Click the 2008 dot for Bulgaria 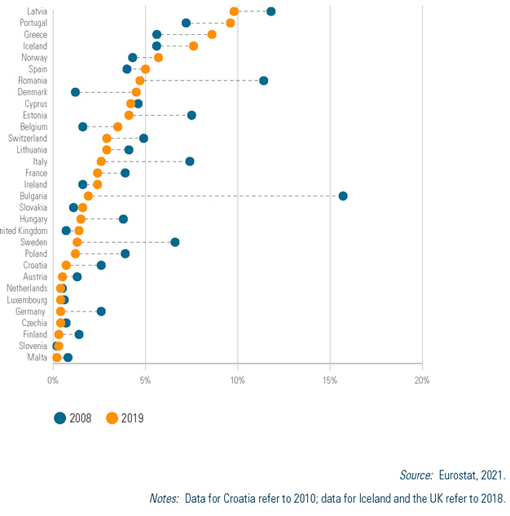click(343, 196)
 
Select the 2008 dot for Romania click(263, 81)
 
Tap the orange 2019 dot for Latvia click(234, 11)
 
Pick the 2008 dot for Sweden click(174, 242)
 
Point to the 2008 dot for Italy click(190, 161)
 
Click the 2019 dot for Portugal click(231, 23)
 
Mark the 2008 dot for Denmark click(75, 92)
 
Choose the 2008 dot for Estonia click(191, 115)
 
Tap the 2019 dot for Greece click(212, 34)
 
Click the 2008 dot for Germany click(101, 311)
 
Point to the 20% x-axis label click(422, 381)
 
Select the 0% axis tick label click(53, 381)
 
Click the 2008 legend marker click(59, 418)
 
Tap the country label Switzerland click(28, 139)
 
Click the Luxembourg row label click(27, 300)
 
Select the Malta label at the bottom click(37, 358)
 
